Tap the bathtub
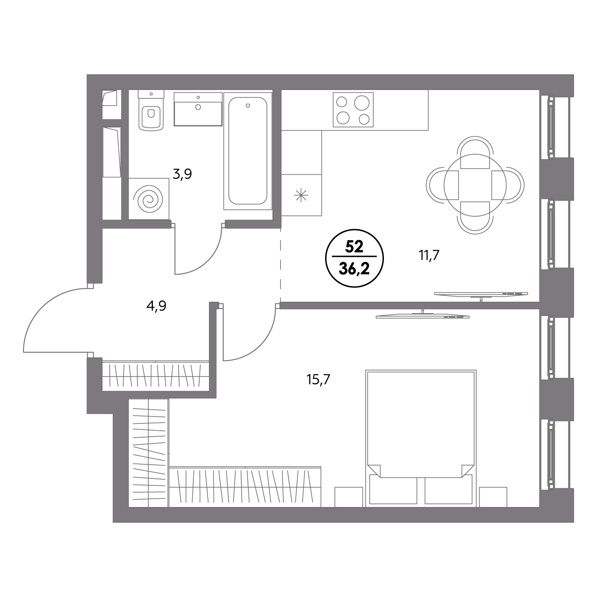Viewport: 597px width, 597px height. [x=248, y=151]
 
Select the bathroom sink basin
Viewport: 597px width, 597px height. [x=198, y=109]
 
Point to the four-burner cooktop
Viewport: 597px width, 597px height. [x=353, y=110]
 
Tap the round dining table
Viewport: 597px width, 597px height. [x=475, y=186]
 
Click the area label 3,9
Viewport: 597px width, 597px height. [x=182, y=175]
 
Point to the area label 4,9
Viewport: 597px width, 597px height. [x=157, y=306]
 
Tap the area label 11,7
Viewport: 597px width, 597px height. [x=429, y=255]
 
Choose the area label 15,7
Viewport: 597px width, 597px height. [x=319, y=379]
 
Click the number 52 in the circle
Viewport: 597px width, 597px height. [x=354, y=247]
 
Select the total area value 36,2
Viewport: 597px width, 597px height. [x=354, y=270]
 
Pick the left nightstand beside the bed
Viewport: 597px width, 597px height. [x=349, y=497]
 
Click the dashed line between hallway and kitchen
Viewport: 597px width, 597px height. [x=281, y=265]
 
